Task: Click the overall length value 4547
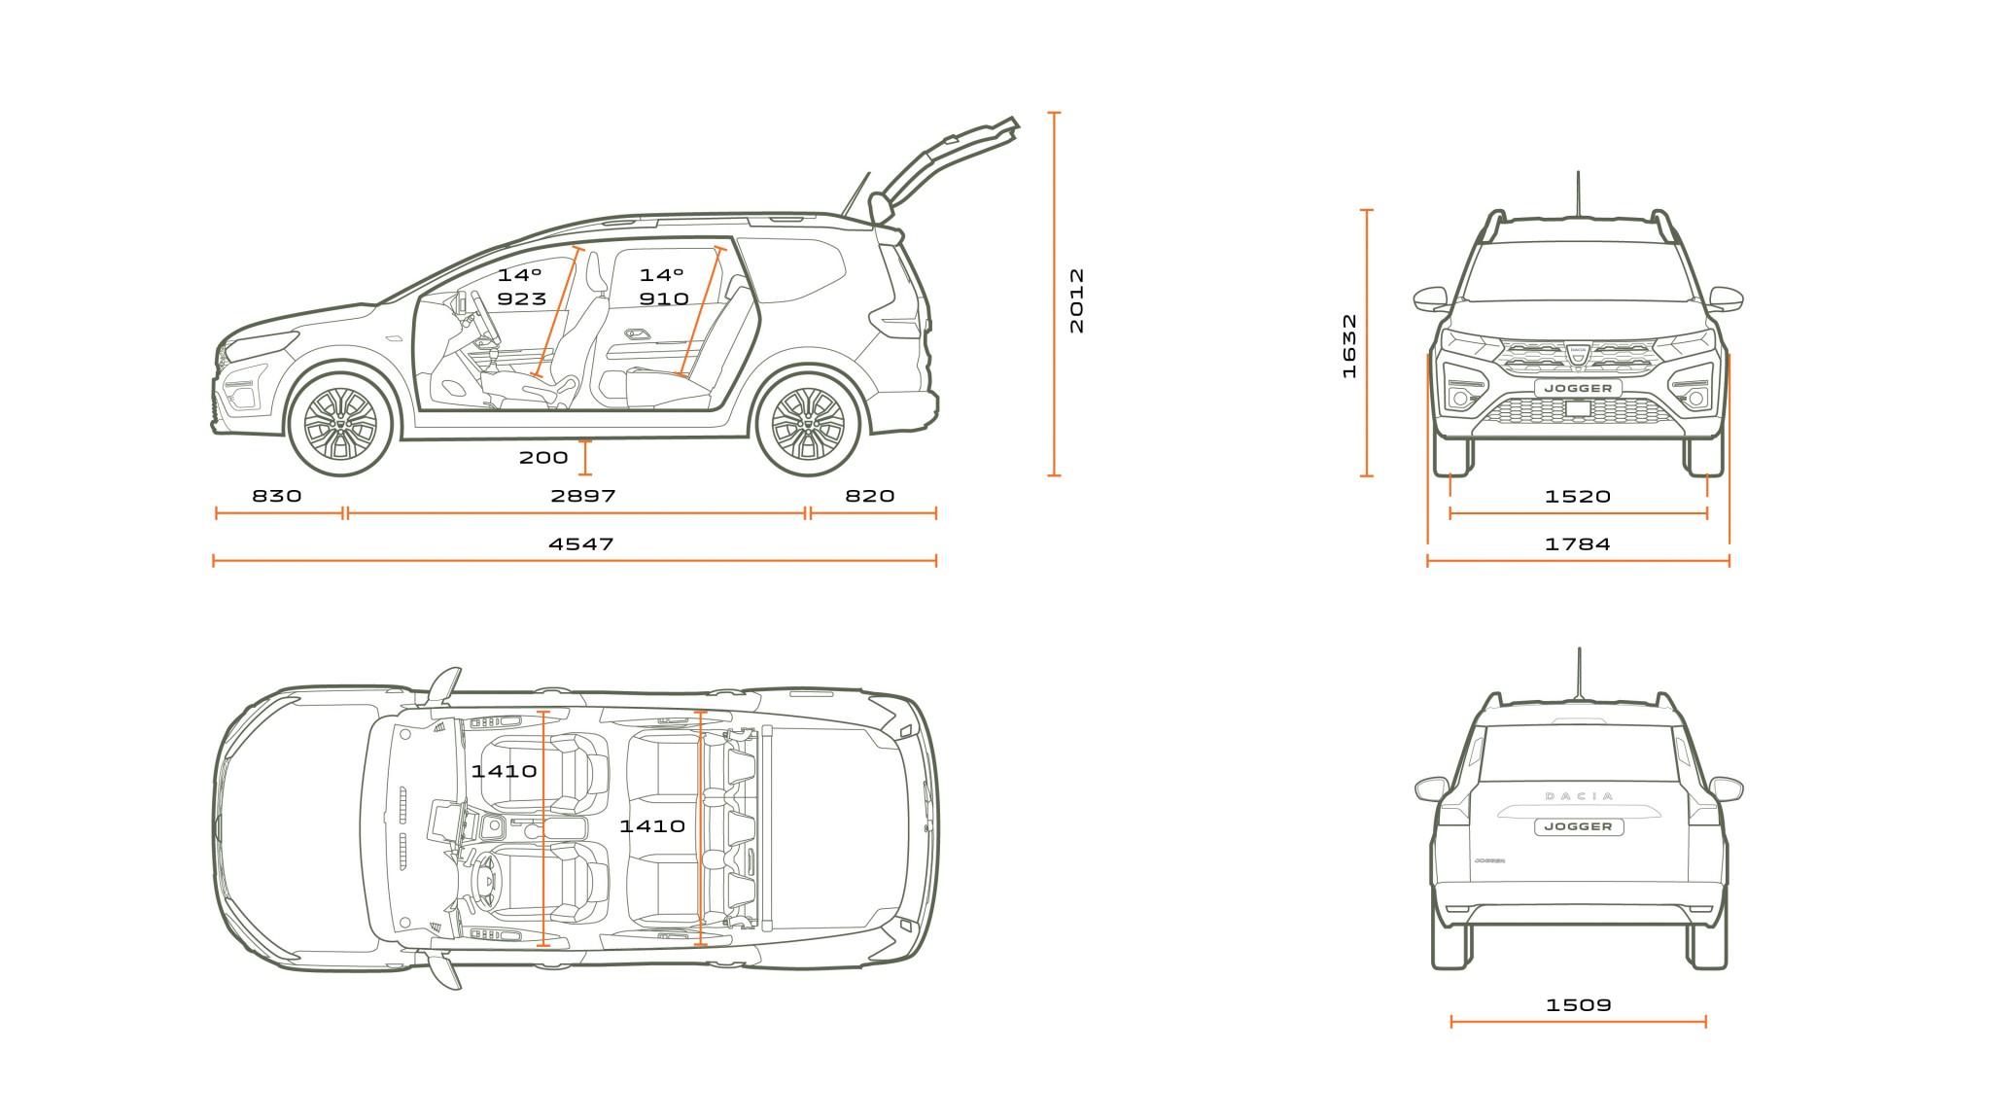point(580,544)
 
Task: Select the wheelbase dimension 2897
point(583,496)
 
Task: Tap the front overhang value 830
point(277,496)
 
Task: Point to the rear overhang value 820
point(869,496)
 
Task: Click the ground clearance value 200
point(543,458)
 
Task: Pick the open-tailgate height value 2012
point(1076,300)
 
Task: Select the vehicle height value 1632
point(1348,345)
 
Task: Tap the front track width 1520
point(1577,497)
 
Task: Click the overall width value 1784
point(1577,544)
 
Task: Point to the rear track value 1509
point(1578,1005)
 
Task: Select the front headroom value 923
point(522,299)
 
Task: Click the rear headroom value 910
point(664,299)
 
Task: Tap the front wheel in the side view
point(340,423)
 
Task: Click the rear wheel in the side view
point(808,423)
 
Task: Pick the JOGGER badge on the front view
point(1578,388)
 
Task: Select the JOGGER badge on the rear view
point(1578,826)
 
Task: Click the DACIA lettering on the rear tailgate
point(1578,796)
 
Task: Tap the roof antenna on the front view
point(1577,194)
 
